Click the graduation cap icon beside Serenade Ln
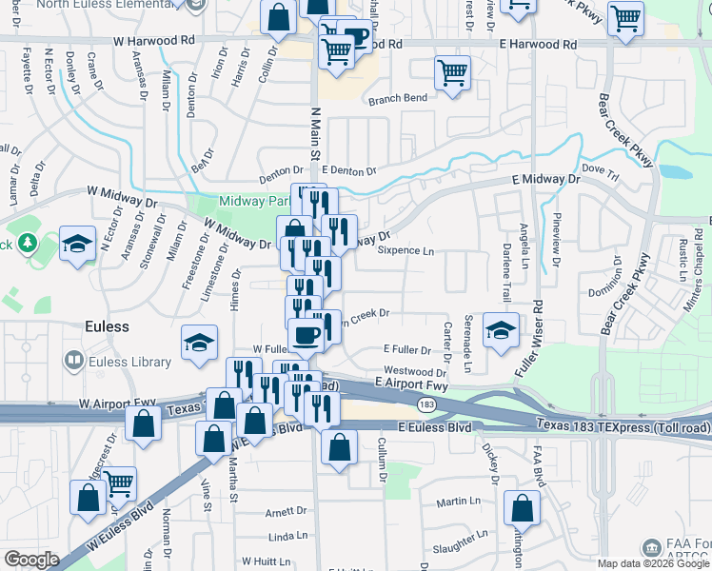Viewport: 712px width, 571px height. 501,330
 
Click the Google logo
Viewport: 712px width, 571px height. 31,559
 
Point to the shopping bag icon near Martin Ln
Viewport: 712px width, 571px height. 522,509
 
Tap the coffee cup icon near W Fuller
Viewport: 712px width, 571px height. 307,335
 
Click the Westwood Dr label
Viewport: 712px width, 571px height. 415,371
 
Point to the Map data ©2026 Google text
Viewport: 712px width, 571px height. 653,563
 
